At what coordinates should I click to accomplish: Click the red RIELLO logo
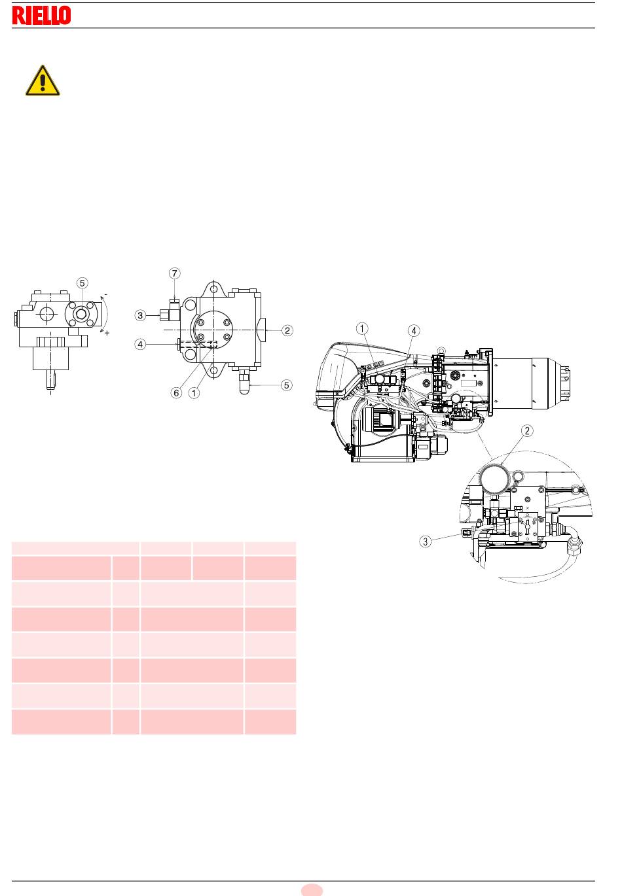(x=41, y=15)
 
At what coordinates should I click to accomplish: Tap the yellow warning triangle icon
(x=43, y=81)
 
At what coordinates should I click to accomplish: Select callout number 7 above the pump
(x=174, y=273)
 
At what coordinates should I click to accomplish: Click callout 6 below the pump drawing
(x=176, y=393)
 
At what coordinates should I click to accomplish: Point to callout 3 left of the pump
(x=140, y=315)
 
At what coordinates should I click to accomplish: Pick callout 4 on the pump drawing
(x=140, y=344)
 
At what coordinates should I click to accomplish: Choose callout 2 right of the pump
(x=287, y=330)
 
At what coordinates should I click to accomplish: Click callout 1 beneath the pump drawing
(x=194, y=393)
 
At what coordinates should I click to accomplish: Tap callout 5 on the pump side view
(x=82, y=283)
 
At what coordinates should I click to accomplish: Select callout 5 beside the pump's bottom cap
(x=286, y=385)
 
